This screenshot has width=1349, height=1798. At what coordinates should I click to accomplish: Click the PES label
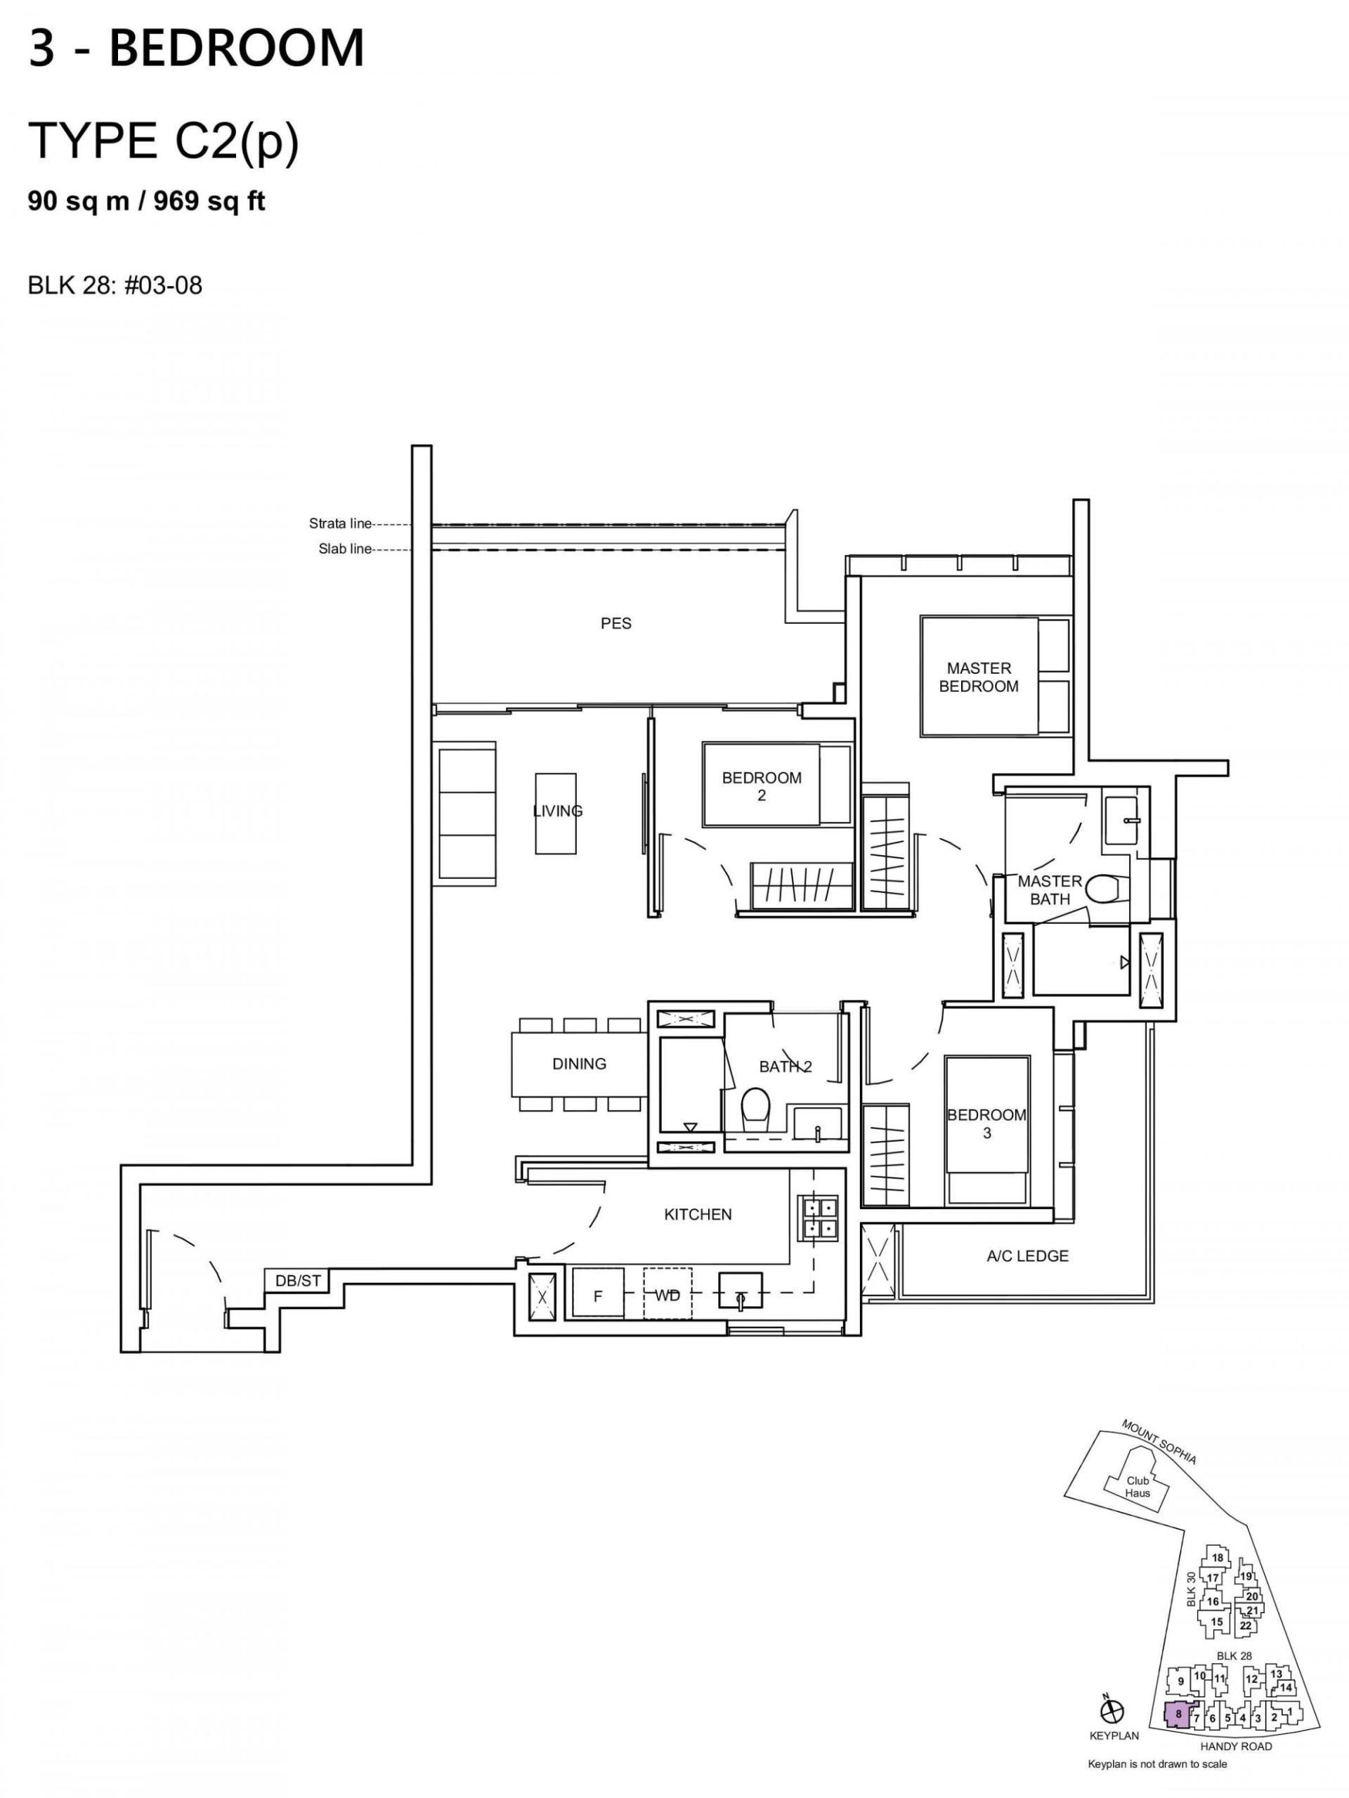coord(616,623)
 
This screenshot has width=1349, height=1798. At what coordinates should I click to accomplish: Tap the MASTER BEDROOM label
coord(979,677)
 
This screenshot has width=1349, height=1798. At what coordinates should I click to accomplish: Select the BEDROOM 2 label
coord(762,786)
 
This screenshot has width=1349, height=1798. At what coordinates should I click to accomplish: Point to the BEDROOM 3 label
coord(986,1123)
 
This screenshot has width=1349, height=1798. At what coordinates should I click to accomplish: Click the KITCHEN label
coord(698,1214)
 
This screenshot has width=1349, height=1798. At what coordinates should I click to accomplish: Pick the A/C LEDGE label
coord(1027,1256)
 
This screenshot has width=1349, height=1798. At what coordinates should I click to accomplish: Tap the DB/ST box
coord(298,1281)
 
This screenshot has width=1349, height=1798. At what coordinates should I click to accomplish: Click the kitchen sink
coord(740,1291)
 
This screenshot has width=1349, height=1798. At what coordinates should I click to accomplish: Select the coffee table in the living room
coord(556,813)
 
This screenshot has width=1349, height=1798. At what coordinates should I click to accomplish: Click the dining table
coord(579,1063)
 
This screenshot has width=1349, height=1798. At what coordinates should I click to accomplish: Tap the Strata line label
coord(339,523)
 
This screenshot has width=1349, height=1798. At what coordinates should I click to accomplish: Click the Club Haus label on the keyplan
coord(1137,1487)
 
